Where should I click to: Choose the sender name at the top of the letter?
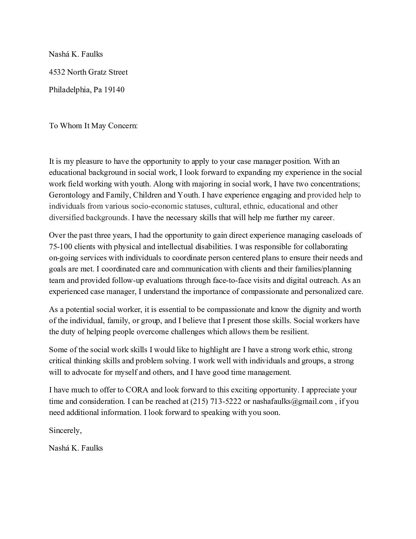click(x=76, y=54)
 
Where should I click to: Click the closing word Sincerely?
click(x=65, y=430)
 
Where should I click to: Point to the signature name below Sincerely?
click(x=76, y=448)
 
